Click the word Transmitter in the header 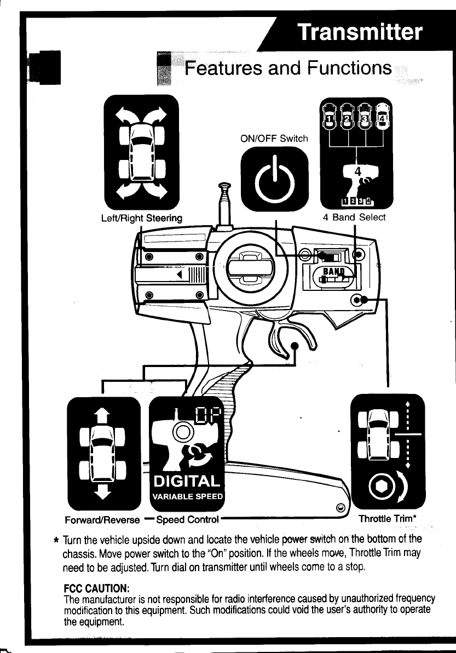pyautogui.click(x=360, y=32)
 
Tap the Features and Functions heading pyautogui.click(x=288, y=68)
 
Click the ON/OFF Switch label pyautogui.click(x=275, y=139)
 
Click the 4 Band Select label pyautogui.click(x=354, y=217)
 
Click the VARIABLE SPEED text pyautogui.click(x=187, y=497)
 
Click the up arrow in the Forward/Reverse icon pyautogui.click(x=103, y=414)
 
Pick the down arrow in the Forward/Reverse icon pyautogui.click(x=103, y=491)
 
